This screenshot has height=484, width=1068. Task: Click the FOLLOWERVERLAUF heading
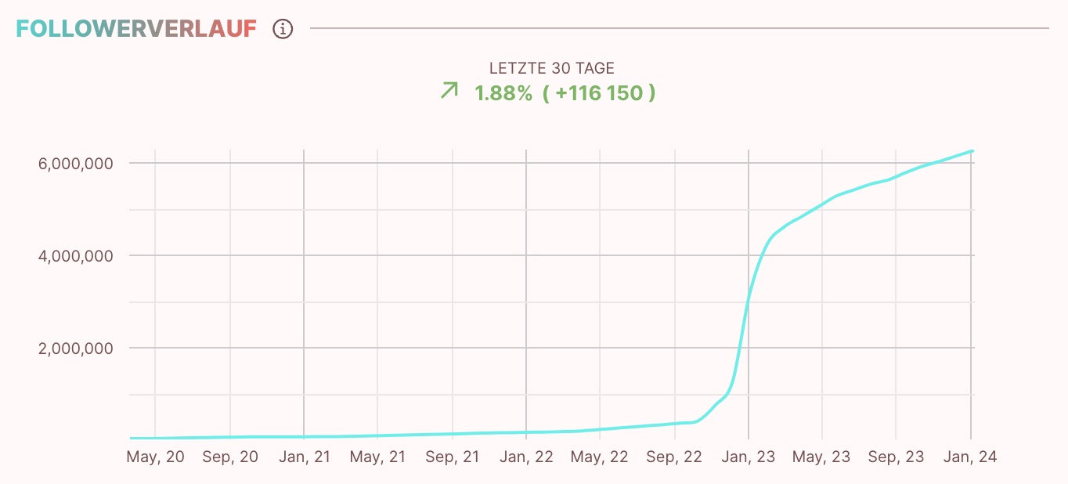tap(136, 29)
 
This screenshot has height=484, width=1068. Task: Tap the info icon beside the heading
tap(283, 29)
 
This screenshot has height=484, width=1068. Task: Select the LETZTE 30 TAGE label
tap(552, 69)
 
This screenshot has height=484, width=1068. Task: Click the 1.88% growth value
tap(503, 93)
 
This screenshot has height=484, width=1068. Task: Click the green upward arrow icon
tap(449, 91)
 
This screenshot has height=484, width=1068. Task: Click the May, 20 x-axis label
tap(155, 457)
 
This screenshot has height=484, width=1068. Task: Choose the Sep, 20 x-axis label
tap(230, 457)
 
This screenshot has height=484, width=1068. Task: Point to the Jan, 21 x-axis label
tap(305, 457)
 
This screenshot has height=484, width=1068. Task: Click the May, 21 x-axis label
tap(377, 457)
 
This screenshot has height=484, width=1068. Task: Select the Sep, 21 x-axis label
tap(453, 457)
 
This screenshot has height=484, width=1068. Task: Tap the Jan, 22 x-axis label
tap(526, 457)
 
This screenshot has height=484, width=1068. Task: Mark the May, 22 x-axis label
tap(600, 457)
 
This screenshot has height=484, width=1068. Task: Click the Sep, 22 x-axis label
tap(675, 457)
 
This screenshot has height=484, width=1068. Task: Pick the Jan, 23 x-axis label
tap(749, 457)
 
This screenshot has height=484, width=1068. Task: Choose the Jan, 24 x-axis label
tap(971, 457)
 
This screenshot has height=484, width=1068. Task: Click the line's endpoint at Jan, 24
tap(972, 150)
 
